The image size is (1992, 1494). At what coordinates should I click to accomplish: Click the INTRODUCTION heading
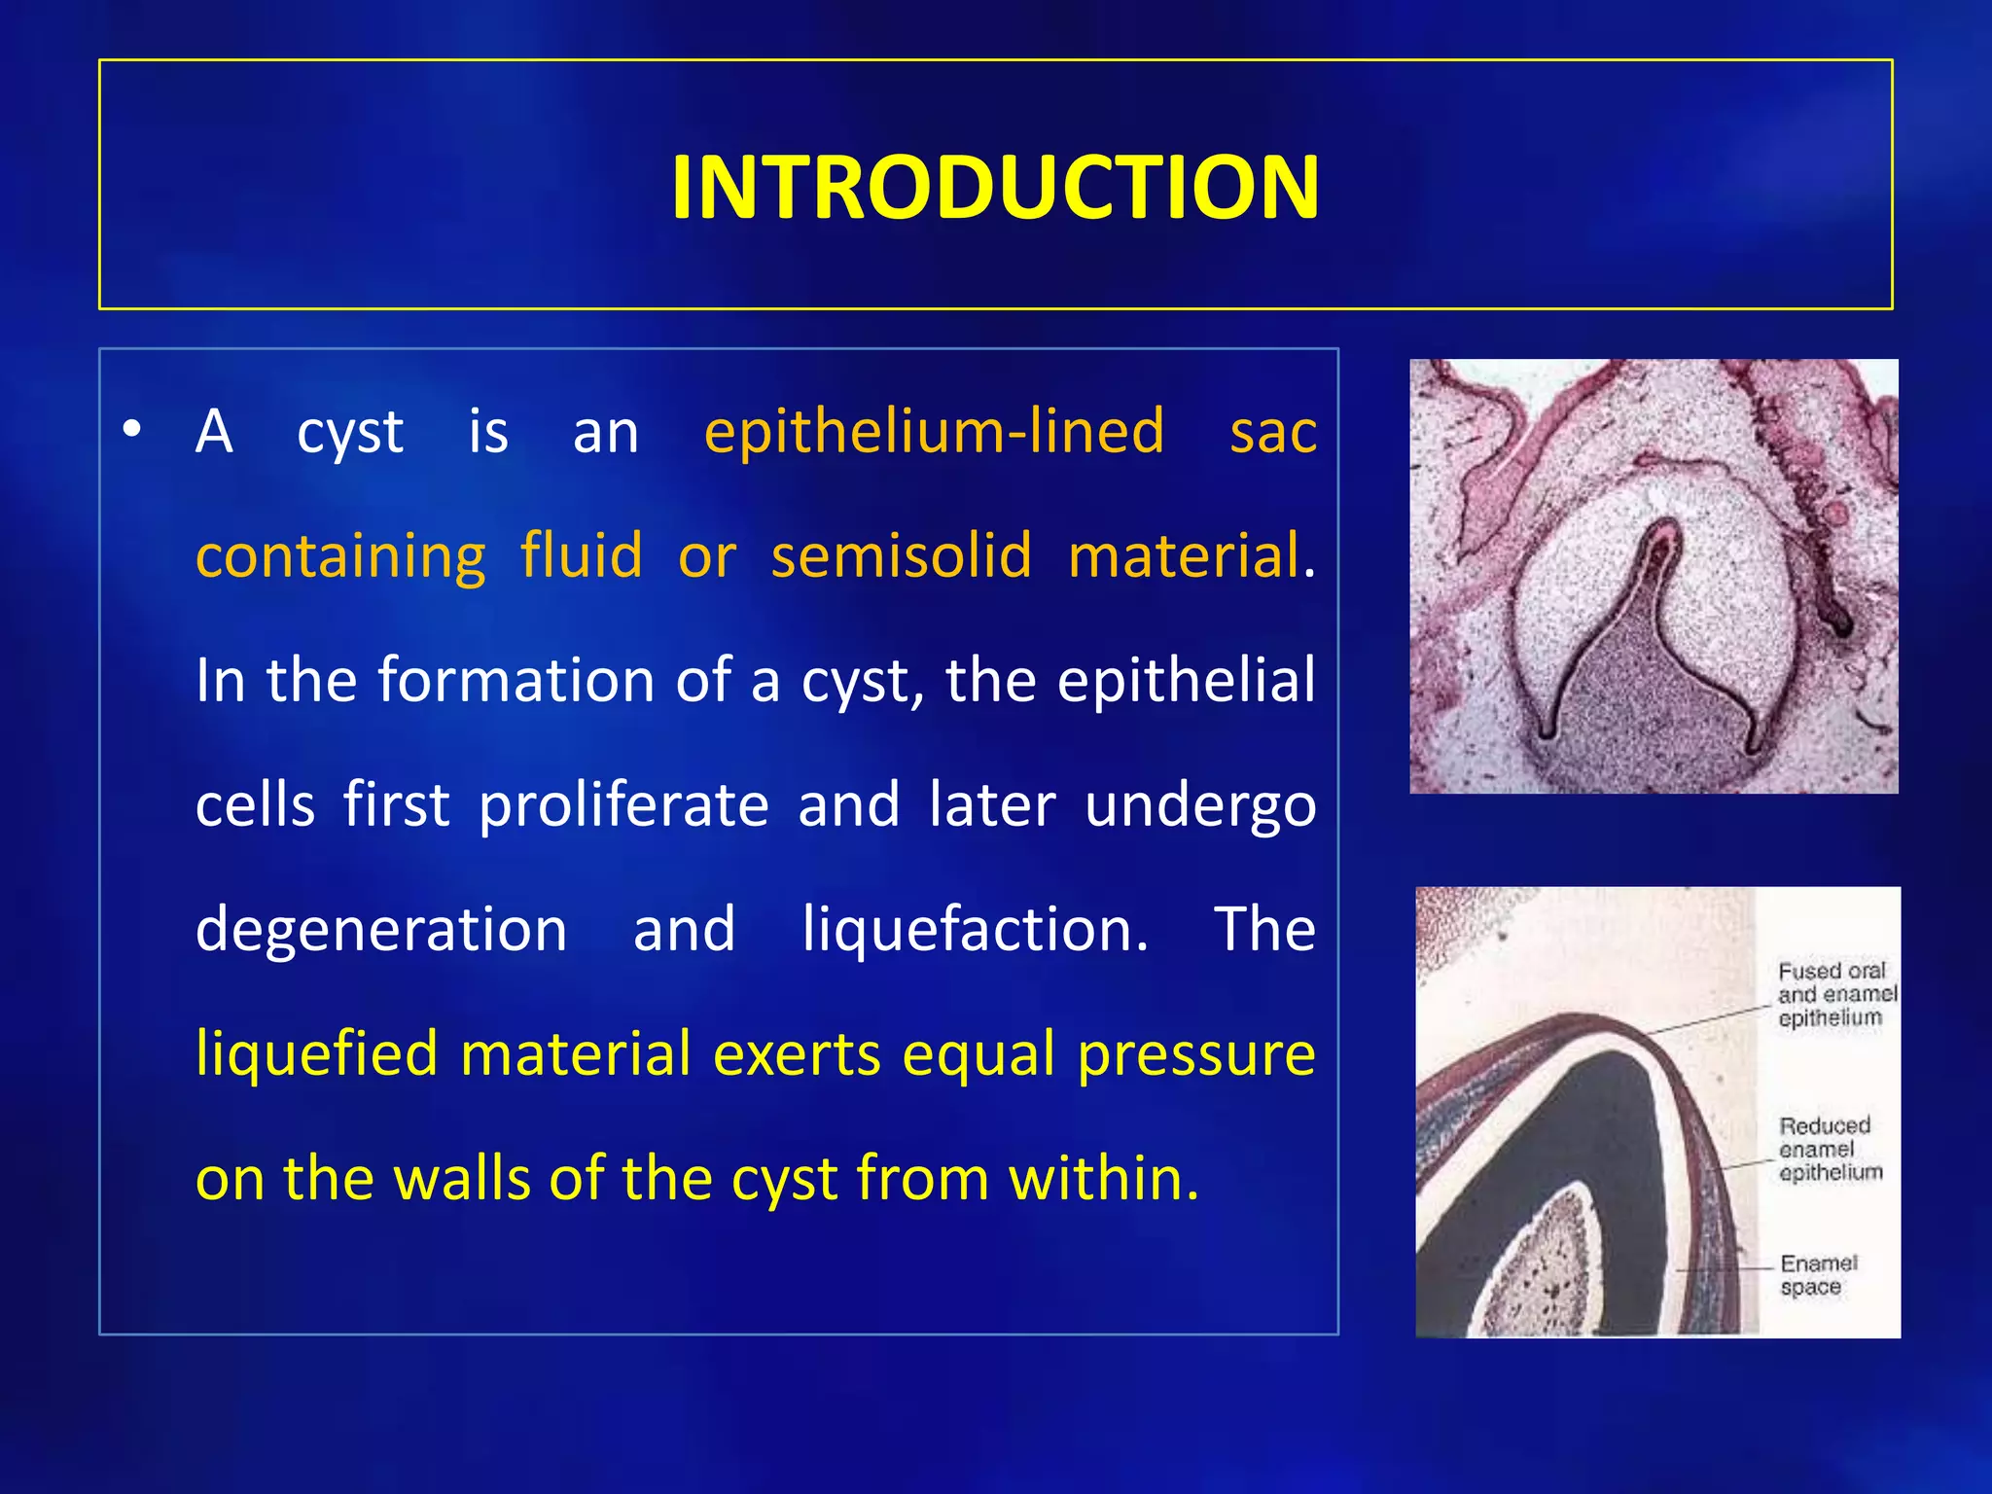pyautogui.click(x=995, y=187)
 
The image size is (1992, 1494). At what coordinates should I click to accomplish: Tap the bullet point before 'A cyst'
pyautogui.click(x=132, y=428)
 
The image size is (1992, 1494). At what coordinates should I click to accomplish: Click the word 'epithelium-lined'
pyautogui.click(x=934, y=431)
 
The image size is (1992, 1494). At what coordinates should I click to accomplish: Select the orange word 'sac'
pyautogui.click(x=1272, y=431)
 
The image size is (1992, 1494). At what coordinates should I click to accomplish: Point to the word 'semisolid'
pyautogui.click(x=901, y=555)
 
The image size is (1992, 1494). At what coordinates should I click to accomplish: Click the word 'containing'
pyautogui.click(x=340, y=555)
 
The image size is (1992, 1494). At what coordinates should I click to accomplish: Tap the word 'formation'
pyautogui.click(x=515, y=680)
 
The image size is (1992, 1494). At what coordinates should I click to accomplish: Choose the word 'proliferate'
pyautogui.click(x=622, y=805)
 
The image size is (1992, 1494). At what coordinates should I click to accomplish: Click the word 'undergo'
pyautogui.click(x=1199, y=805)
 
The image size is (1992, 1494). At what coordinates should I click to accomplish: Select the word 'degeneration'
pyautogui.click(x=381, y=929)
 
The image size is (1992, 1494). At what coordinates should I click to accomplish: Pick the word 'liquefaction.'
pyautogui.click(x=976, y=929)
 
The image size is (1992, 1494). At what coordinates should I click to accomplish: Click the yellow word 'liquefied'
pyautogui.click(x=316, y=1053)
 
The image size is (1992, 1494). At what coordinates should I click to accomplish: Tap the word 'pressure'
pyautogui.click(x=1196, y=1053)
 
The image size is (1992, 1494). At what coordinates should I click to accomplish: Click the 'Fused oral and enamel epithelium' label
pyautogui.click(x=1834, y=994)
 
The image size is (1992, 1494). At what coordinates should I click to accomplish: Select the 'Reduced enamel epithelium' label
pyautogui.click(x=1829, y=1149)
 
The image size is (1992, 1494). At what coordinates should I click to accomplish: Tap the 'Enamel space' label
pyautogui.click(x=1817, y=1275)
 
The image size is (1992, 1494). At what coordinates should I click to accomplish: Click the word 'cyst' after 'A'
pyautogui.click(x=349, y=431)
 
